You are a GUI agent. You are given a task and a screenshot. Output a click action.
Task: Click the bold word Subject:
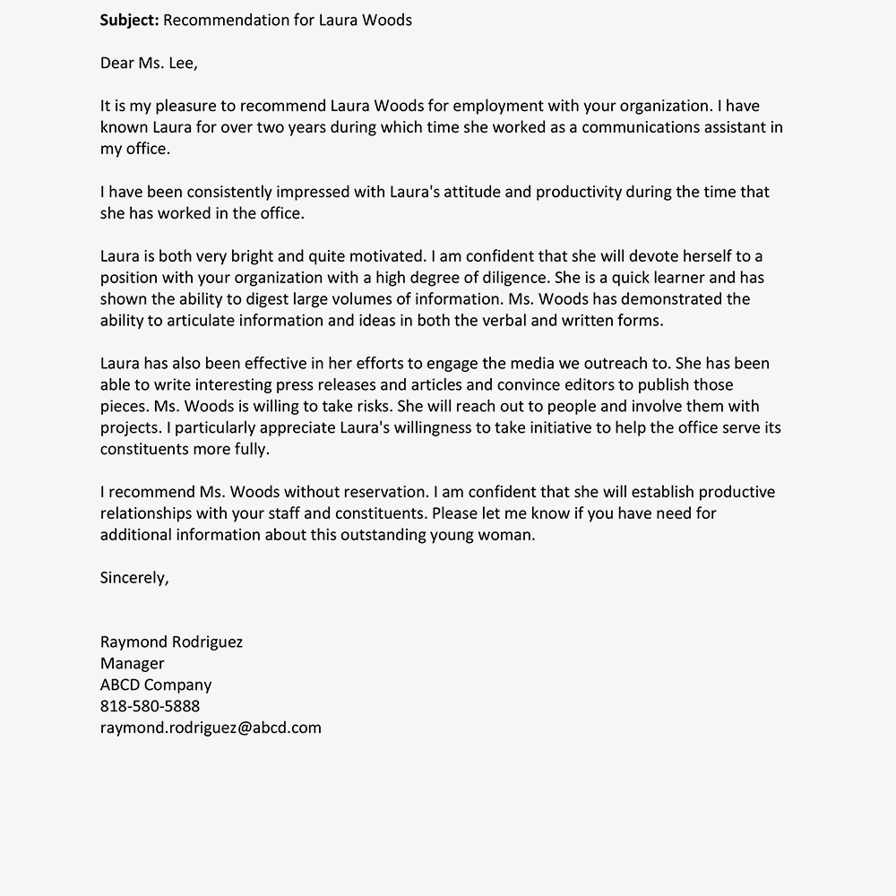point(129,20)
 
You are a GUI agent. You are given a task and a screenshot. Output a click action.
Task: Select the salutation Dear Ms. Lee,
point(149,63)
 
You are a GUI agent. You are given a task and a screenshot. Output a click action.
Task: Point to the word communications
point(637,127)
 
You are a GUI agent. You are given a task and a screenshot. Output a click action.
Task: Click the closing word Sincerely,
point(134,578)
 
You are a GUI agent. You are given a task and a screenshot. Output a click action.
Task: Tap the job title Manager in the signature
point(133,664)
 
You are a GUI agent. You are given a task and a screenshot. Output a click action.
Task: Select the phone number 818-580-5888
point(151,706)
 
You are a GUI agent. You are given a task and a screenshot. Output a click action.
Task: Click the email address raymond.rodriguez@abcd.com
point(211,728)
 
